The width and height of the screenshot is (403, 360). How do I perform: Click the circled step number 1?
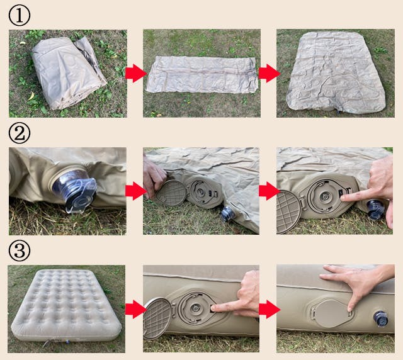[20, 15]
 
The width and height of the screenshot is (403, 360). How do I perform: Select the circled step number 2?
[20, 133]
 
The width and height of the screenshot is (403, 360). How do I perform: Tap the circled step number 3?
[20, 250]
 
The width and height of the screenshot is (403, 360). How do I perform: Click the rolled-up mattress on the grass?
[69, 73]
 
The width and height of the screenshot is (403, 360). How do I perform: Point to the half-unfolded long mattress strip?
[202, 74]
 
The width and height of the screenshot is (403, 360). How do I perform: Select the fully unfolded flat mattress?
[336, 72]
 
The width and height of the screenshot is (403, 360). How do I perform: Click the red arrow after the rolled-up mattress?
[135, 74]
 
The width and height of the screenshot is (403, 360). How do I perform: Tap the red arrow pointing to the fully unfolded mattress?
[269, 74]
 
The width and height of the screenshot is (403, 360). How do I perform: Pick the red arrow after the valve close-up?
[135, 191]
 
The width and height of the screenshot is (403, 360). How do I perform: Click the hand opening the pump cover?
[154, 177]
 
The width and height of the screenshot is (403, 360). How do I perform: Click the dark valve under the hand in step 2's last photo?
[376, 210]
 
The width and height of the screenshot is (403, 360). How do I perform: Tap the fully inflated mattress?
[66, 305]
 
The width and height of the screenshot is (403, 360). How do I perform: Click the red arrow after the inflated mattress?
[135, 309]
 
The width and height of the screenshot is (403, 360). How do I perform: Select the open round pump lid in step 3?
[157, 318]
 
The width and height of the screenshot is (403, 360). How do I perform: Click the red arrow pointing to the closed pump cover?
[269, 309]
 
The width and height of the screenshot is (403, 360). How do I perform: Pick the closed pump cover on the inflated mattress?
[332, 313]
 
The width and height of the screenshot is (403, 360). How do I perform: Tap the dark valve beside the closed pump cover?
[380, 318]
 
